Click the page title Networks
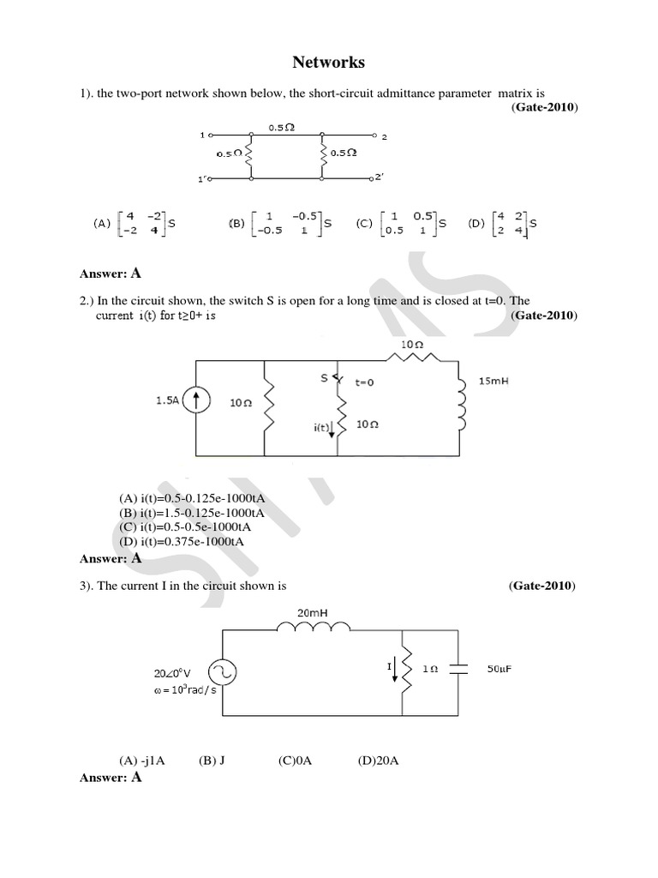tap(328, 63)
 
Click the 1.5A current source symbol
tap(197, 400)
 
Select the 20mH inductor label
tap(312, 612)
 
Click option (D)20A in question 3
tap(378, 761)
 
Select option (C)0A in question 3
tap(294, 761)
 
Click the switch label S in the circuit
tap(323, 378)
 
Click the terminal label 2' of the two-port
tap(381, 177)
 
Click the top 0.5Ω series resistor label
tap(282, 127)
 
